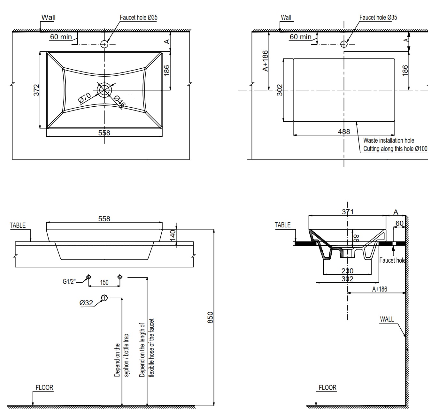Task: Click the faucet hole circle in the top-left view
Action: pyautogui.click(x=104, y=44)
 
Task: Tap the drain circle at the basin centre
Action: pyautogui.click(x=104, y=90)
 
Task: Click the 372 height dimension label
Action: pyautogui.click(x=37, y=90)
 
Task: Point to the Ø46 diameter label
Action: pyautogui.click(x=119, y=101)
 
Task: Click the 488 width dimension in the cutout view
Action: pyautogui.click(x=344, y=131)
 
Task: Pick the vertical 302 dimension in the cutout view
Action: pyautogui.click(x=280, y=90)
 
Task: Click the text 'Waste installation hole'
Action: pyautogui.click(x=389, y=140)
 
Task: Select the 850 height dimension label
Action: pyautogui.click(x=210, y=317)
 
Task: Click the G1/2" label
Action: pyautogui.click(x=69, y=282)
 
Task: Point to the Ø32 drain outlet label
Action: pyautogui.click(x=86, y=303)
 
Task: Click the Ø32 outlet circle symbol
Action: pyautogui.click(x=104, y=298)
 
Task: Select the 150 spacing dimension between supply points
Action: pyautogui.click(x=104, y=282)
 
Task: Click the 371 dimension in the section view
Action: pyautogui.click(x=347, y=211)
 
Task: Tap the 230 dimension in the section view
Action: pyautogui.click(x=347, y=271)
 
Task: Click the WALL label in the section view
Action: pyautogui.click(x=387, y=319)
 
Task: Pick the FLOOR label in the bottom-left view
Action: pyautogui.click(x=44, y=388)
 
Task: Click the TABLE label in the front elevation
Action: pyautogui.click(x=18, y=225)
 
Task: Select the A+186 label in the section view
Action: pyautogui.click(x=380, y=289)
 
